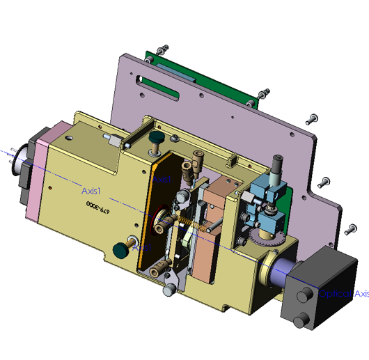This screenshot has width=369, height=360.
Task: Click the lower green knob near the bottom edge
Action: coord(121,248)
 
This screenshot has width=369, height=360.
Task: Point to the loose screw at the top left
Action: coord(162,50)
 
